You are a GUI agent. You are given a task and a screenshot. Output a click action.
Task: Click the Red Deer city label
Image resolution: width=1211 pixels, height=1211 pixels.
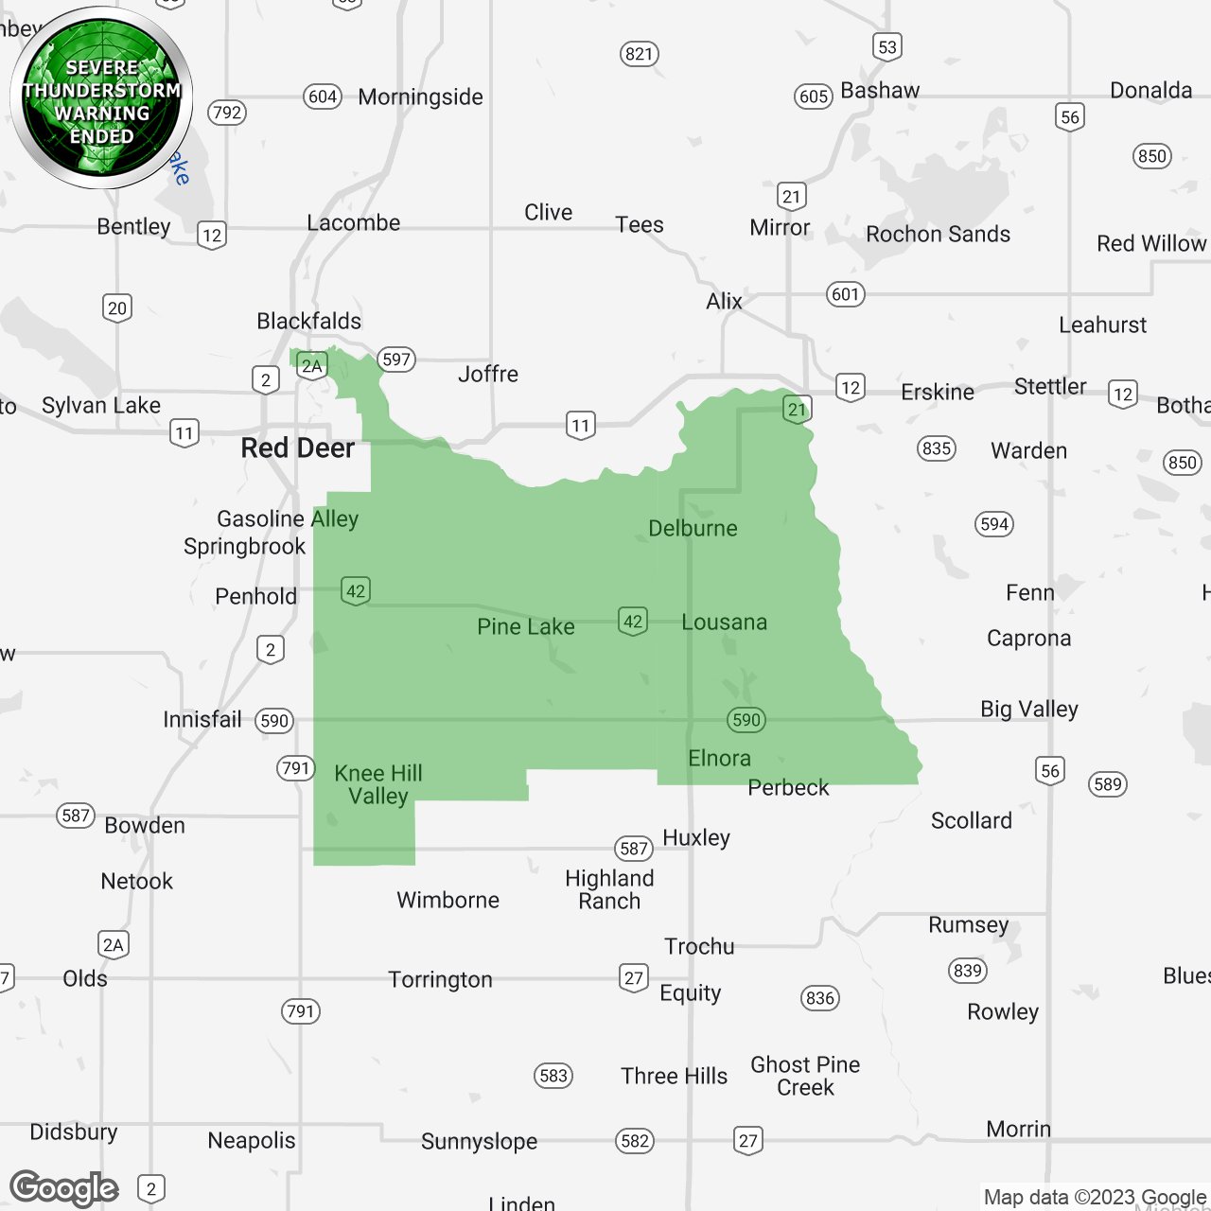pyautogui.click(x=297, y=448)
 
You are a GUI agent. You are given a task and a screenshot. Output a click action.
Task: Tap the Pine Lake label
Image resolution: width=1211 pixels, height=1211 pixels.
pyautogui.click(x=525, y=626)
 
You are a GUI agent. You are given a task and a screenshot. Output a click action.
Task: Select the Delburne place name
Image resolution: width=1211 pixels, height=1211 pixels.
pyautogui.click(x=693, y=528)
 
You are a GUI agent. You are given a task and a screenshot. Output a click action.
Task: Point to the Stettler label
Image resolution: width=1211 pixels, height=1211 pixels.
pyautogui.click(x=1049, y=386)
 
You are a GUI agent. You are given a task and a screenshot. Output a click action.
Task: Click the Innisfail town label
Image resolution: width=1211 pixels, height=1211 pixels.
pyautogui.click(x=202, y=719)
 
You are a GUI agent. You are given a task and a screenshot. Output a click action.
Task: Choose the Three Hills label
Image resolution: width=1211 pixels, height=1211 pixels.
pyautogui.click(x=674, y=1076)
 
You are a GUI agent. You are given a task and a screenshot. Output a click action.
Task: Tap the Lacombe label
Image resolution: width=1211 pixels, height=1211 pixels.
pyautogui.click(x=353, y=222)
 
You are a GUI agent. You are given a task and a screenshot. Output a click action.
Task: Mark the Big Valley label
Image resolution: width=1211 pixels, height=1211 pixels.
pyautogui.click(x=1028, y=709)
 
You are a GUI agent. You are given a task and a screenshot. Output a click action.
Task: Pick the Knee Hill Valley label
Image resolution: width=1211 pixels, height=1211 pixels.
pyautogui.click(x=378, y=784)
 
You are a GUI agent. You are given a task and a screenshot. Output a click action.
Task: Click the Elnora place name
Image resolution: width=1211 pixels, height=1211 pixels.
pyautogui.click(x=719, y=758)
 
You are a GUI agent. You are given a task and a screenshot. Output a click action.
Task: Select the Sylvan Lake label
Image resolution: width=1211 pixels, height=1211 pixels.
pyautogui.click(x=101, y=405)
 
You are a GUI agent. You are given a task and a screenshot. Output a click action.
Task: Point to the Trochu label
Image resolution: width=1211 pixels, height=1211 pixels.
pyautogui.click(x=698, y=946)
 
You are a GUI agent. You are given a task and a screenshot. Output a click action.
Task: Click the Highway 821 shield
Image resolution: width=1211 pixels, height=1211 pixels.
pyautogui.click(x=640, y=54)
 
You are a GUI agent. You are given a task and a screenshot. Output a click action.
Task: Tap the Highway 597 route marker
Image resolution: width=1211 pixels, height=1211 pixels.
pyautogui.click(x=396, y=360)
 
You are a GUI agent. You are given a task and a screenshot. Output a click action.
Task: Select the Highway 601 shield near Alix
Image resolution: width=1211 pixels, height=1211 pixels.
pyautogui.click(x=845, y=294)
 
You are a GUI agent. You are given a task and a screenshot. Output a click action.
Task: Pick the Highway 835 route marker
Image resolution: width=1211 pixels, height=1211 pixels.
pyautogui.click(x=936, y=448)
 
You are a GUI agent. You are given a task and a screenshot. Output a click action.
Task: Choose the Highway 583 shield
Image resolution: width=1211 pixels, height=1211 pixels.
pyautogui.click(x=553, y=1076)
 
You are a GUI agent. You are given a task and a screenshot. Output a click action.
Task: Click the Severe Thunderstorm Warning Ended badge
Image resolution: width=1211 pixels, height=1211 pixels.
pyautogui.click(x=101, y=97)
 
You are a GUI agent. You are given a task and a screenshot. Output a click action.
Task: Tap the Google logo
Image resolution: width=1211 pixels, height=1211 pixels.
pyautogui.click(x=64, y=1188)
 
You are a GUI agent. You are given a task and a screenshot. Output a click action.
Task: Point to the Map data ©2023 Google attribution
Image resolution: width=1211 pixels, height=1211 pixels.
pyautogui.click(x=1095, y=1197)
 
